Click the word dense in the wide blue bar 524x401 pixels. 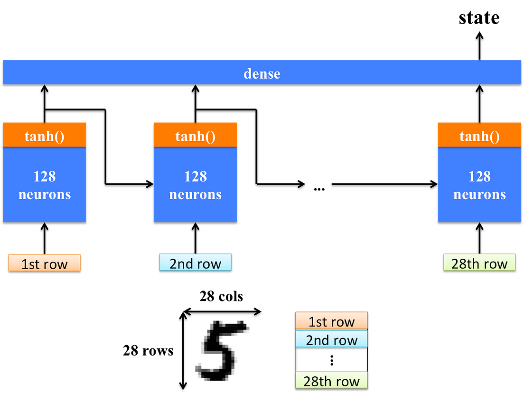(x=262, y=74)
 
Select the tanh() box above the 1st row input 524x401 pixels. (x=45, y=137)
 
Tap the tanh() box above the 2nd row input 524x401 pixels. (x=195, y=137)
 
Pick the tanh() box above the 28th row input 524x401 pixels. (x=479, y=137)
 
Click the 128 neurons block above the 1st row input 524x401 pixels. (x=45, y=185)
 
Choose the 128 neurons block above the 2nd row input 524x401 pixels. (x=195, y=185)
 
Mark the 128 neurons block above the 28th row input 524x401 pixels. (x=479, y=185)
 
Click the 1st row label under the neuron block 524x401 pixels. (x=44, y=264)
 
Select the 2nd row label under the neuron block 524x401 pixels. (x=195, y=263)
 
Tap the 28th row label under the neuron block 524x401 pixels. (x=479, y=263)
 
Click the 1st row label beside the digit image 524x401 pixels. (x=331, y=321)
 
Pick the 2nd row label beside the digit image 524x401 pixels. (x=331, y=339)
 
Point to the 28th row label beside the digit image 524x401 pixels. (x=331, y=381)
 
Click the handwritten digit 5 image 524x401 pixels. (x=224, y=351)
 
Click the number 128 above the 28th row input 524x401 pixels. (x=479, y=176)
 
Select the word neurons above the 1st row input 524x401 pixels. (x=45, y=194)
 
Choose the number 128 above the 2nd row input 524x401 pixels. (x=195, y=176)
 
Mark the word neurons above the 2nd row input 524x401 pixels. (x=195, y=194)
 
